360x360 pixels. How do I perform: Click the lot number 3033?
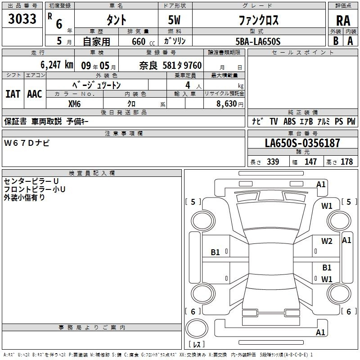[x=22, y=19]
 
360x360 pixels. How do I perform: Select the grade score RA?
[x=343, y=21]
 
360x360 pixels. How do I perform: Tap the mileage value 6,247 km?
[x=57, y=65]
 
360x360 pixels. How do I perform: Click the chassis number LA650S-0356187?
[x=302, y=143]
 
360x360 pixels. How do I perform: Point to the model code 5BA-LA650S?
[x=258, y=41]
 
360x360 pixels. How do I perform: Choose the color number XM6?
[x=74, y=104]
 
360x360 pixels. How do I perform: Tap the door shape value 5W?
[x=174, y=20]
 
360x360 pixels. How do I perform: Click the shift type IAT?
[x=13, y=94]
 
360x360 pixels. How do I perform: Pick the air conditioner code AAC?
[x=35, y=94]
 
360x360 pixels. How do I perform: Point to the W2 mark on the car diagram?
[x=327, y=241]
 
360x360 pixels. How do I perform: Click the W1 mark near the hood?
[x=327, y=206]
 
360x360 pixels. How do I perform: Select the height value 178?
[x=346, y=162]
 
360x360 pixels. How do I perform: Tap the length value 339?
[x=273, y=162]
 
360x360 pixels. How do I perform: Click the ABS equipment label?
[x=289, y=121]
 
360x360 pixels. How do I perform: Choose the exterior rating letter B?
[x=336, y=41]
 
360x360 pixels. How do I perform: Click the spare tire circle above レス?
[x=197, y=328]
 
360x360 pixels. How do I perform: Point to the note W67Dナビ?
[x=27, y=143]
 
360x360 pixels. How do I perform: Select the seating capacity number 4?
[x=188, y=85]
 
